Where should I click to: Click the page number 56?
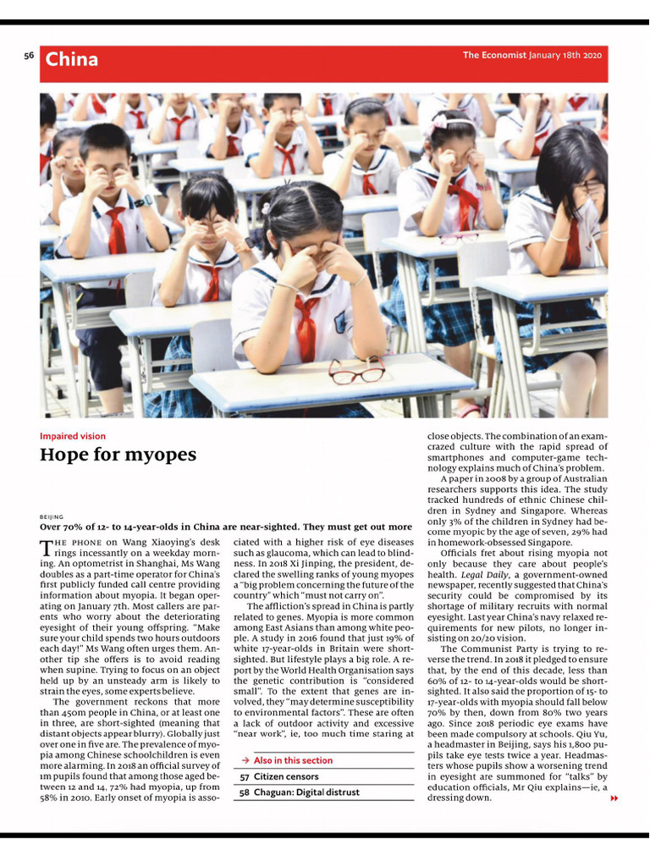point(29,56)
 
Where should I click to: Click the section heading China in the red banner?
point(71,59)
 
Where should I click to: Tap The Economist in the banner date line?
point(494,56)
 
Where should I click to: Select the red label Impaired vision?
point(73,436)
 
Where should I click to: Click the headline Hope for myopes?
point(118,455)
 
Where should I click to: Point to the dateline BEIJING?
point(52,516)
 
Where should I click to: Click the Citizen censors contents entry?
point(286,776)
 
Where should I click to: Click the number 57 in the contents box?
point(244,776)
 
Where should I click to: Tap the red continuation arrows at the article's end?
point(614,798)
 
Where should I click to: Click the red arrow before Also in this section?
point(245,760)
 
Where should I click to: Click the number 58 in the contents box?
point(244,792)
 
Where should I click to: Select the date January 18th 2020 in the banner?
point(565,56)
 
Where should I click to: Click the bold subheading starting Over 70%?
point(225,527)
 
